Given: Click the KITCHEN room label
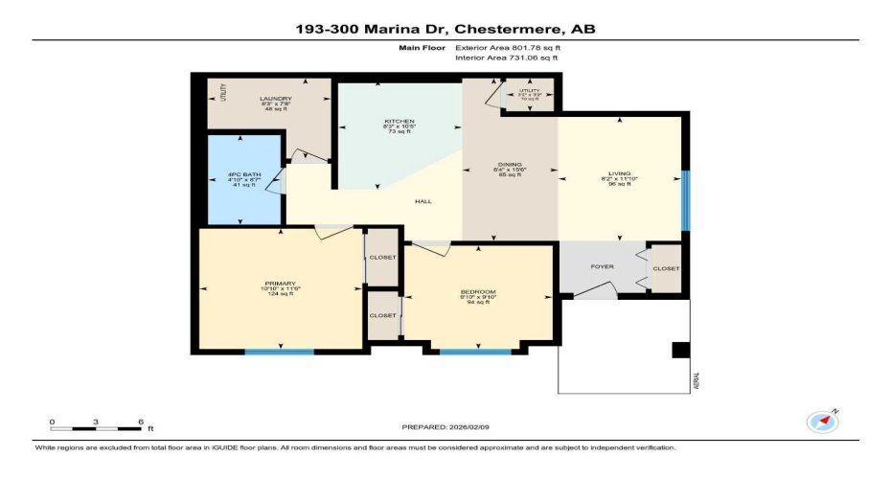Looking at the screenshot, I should point(399,122).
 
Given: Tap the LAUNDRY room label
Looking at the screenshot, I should point(276,99).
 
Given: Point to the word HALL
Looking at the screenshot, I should point(422,201).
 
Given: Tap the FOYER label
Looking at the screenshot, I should point(602,266).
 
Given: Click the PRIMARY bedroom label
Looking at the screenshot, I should point(281,283).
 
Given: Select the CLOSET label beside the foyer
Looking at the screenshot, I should point(666,269).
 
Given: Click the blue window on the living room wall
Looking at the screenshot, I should point(685,201).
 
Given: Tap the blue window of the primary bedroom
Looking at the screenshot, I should point(279,353).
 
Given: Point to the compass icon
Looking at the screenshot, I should point(822,422).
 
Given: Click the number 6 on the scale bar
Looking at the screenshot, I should point(141,422).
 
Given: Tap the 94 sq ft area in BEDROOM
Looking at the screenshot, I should point(478,300).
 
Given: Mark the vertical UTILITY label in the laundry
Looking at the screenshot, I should point(220,94).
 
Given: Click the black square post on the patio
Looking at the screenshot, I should point(680,351).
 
